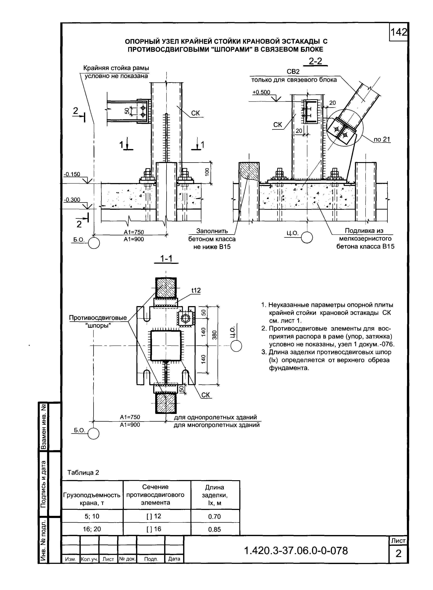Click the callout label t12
pyautogui.click(x=196, y=290)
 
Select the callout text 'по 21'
pyautogui.click(x=382, y=140)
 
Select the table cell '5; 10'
pyautogui.click(x=92, y=516)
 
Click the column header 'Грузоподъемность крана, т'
pyautogui.click(x=92, y=495)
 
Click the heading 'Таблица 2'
pyautogui.click(x=83, y=473)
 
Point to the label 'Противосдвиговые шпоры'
pyautogui.click(x=98, y=322)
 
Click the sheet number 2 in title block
pyautogui.click(x=398, y=554)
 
